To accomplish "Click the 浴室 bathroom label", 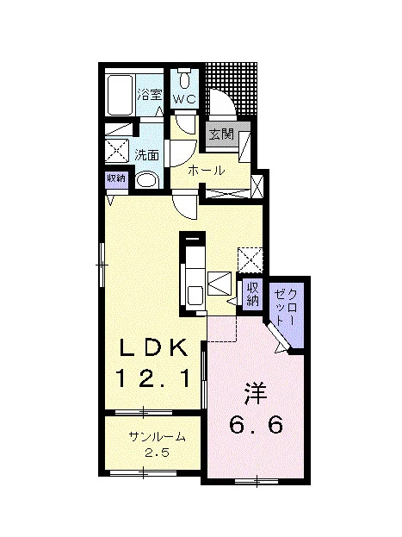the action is coord(149,95).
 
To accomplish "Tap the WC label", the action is coord(184,99).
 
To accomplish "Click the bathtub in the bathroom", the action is coord(120,95).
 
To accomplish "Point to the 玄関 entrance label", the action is coord(221,134).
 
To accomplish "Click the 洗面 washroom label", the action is coord(146,155).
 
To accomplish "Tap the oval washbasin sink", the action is coord(147,180).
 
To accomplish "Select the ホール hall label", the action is coord(207,170).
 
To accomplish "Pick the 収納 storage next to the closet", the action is coord(253,295).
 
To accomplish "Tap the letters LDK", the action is coord(153,348).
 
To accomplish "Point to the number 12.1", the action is coord(152,378).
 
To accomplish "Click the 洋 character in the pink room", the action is coord(256,394).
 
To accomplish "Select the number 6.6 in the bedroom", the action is coord(256,425).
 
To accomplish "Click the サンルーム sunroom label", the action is coord(157,437).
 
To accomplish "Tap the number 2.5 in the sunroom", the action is coord(157,453).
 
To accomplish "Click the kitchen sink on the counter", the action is coord(195,294).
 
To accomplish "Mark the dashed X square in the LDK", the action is coord(250,260).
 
